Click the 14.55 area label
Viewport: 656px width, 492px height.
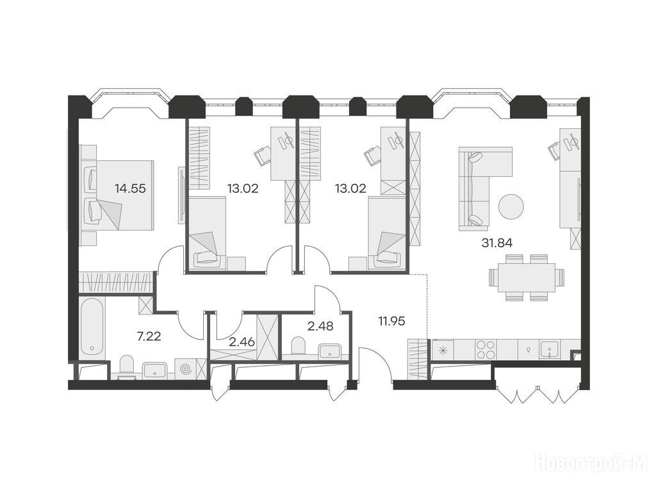[131, 189]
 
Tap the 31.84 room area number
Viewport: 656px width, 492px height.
[497, 243]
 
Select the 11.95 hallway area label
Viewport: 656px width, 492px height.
[391, 322]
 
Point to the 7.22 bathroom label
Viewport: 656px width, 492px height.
[149, 336]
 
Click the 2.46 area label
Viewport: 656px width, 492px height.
[242, 342]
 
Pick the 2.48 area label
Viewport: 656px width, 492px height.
[320, 326]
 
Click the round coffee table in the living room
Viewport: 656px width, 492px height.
[511, 206]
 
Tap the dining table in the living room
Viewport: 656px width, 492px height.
[527, 277]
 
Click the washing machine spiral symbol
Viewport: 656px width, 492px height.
[185, 370]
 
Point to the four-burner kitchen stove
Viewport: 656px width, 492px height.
[486, 349]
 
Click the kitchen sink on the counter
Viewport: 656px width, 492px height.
[550, 350]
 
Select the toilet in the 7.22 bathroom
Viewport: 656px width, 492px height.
[127, 366]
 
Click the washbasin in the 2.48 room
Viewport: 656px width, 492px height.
[331, 351]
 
